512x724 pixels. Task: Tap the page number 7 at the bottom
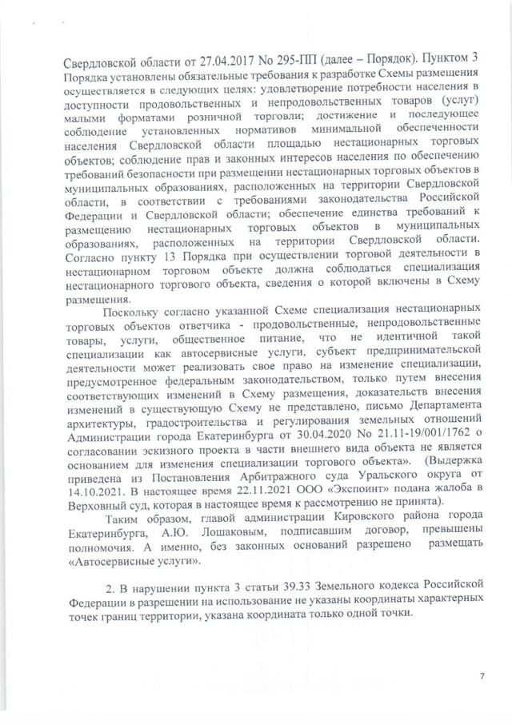482,675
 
